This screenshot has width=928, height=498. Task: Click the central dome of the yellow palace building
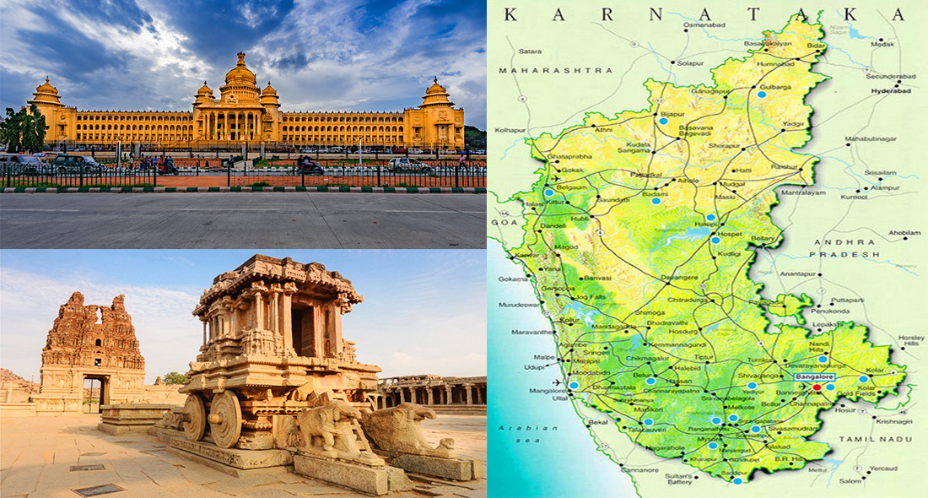[x=240, y=74]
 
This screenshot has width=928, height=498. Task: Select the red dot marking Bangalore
[x=816, y=387]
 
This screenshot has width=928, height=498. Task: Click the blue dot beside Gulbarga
[x=762, y=95]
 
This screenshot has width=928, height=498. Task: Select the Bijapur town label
[x=672, y=112]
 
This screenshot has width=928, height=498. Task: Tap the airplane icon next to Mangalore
[x=557, y=383]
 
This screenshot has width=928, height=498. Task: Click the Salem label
[x=850, y=480]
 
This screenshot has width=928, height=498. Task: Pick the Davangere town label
[x=680, y=278]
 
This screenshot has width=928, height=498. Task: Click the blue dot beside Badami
[x=656, y=201]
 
